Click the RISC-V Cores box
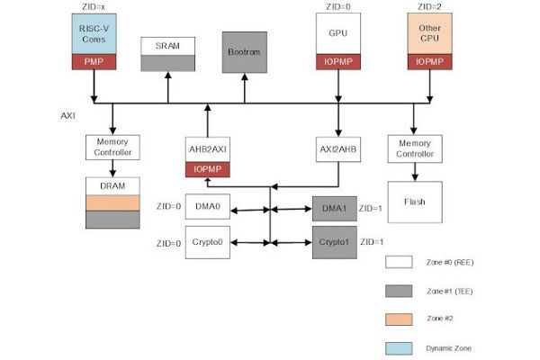tap(93, 34)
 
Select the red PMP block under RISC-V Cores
tap(93, 62)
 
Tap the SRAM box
tap(166, 46)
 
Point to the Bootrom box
tap(244, 52)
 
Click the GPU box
tap(338, 34)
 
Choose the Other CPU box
tap(430, 34)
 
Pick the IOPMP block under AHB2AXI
tap(208, 169)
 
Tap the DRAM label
tap(112, 186)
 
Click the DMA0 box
tap(208, 210)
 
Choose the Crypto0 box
tap(208, 243)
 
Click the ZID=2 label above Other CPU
tap(430, 7)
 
